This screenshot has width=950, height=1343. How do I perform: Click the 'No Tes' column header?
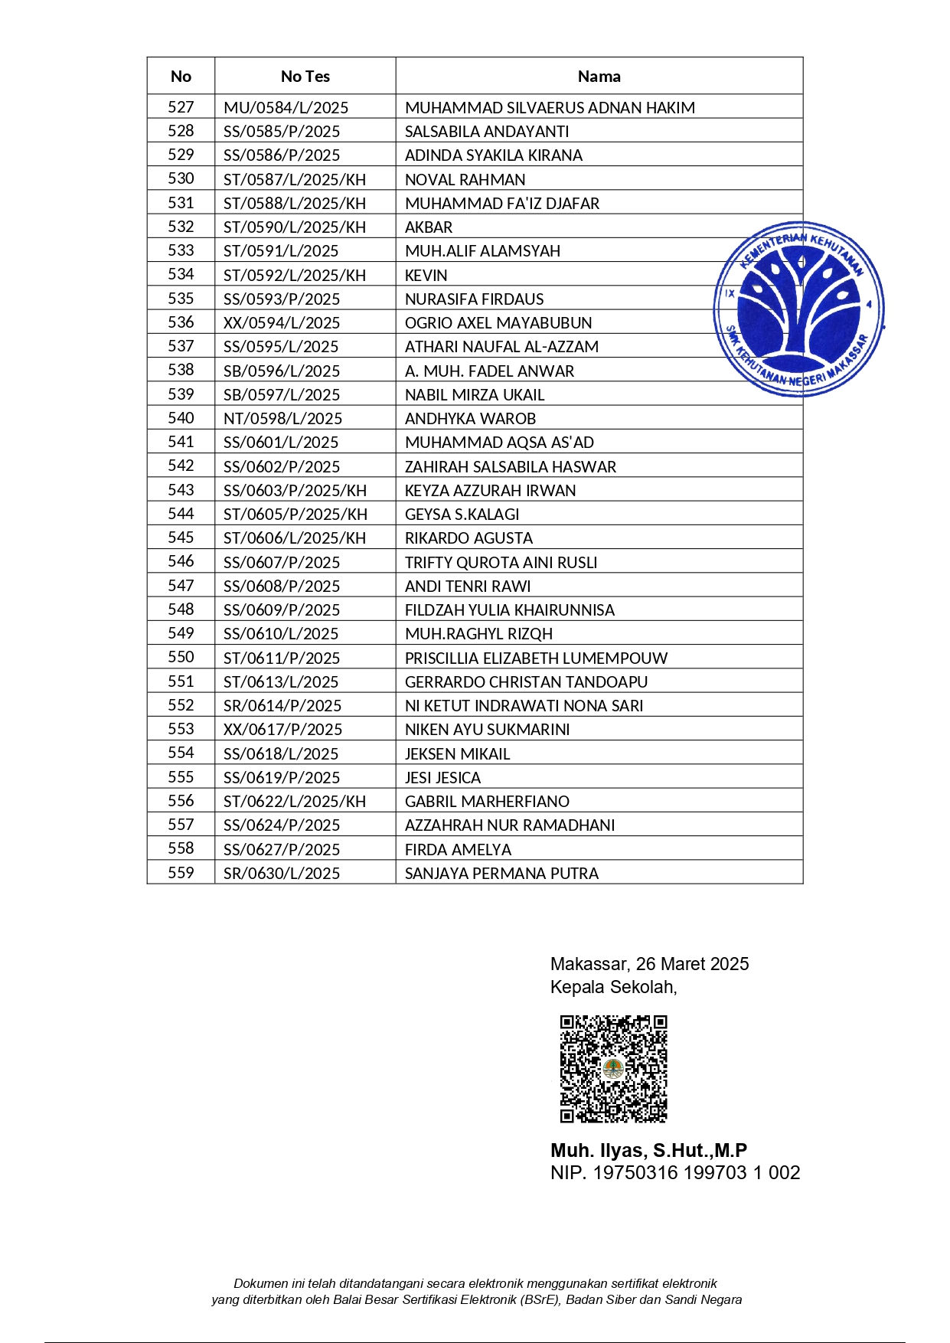click(x=305, y=77)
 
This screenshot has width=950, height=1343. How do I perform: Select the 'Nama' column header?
click(x=599, y=77)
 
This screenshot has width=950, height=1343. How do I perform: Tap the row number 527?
click(x=181, y=107)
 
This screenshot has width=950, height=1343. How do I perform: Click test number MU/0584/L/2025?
click(x=286, y=108)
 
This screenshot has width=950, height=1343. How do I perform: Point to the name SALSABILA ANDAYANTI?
click(x=487, y=132)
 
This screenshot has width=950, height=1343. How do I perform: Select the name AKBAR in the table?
click(x=429, y=227)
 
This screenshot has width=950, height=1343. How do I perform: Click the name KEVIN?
click(x=426, y=276)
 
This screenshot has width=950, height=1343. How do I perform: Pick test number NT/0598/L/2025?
click(x=282, y=419)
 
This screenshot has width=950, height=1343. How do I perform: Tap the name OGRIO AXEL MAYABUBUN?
click(x=498, y=323)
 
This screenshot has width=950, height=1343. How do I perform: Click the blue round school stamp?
click(x=798, y=309)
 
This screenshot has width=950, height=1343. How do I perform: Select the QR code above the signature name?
click(x=613, y=1069)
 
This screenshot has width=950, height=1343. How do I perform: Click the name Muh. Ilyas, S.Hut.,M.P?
click(x=648, y=1150)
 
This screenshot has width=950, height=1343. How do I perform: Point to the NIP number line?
click(x=674, y=1173)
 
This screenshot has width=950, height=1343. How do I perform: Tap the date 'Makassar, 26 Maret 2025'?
click(x=649, y=964)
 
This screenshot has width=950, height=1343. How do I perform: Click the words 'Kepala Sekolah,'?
click(x=613, y=987)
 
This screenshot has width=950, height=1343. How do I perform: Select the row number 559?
click(x=181, y=873)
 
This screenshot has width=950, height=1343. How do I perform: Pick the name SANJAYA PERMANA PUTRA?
click(x=501, y=874)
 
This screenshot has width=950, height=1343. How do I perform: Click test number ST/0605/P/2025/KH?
click(x=295, y=515)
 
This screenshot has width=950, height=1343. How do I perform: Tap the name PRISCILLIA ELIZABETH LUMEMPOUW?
click(x=536, y=658)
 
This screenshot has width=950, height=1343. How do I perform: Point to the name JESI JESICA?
click(x=442, y=778)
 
